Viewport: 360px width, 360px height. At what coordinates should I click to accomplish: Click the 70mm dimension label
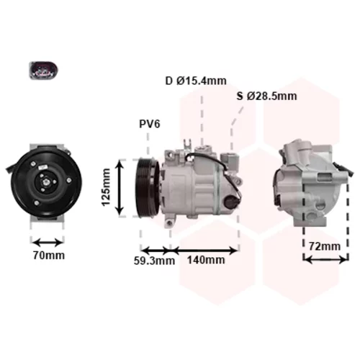click(49, 256)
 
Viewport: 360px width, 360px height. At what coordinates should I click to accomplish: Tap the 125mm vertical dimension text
click(106, 187)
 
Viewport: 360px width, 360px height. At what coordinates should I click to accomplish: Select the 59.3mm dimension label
click(154, 261)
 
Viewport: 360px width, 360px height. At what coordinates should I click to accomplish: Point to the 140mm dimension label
click(206, 260)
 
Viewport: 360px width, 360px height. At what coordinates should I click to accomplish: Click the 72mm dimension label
click(325, 246)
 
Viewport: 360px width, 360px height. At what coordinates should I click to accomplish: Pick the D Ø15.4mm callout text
click(196, 81)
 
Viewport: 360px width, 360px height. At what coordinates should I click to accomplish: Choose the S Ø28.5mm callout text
click(266, 96)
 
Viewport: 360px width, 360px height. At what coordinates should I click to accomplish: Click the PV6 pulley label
click(150, 125)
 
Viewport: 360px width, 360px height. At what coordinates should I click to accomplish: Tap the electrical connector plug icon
click(43, 71)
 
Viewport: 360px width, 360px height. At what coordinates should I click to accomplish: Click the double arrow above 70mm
click(48, 243)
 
